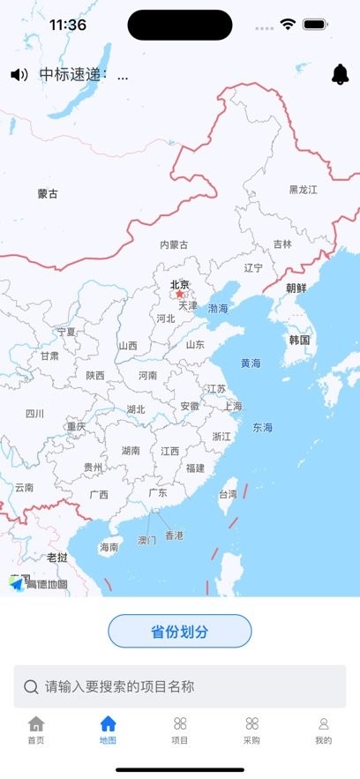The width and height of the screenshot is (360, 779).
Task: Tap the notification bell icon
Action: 340,75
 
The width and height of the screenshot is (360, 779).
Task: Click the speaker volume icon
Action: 19,75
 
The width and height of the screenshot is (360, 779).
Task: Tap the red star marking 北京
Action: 180,295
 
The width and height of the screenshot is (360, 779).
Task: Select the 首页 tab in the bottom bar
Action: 36,730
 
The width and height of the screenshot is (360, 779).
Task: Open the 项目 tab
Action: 180,730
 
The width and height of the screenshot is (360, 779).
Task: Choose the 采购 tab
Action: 251,730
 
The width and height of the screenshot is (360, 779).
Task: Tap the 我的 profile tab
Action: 323,730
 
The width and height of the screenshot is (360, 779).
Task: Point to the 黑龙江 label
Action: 303,190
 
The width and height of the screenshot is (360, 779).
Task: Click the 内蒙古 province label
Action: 174,244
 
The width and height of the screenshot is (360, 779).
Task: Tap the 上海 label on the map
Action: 233,407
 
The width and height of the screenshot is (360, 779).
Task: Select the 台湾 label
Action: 228,494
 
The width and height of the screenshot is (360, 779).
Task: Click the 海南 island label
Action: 109,547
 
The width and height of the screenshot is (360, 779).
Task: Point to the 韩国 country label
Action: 299,340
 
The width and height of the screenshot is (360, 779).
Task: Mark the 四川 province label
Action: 34,413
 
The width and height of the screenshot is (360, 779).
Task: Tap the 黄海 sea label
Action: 251,363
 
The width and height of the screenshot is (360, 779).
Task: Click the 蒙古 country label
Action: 48,194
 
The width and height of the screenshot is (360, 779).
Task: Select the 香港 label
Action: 174,536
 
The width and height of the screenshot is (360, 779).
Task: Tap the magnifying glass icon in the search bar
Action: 31,686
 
